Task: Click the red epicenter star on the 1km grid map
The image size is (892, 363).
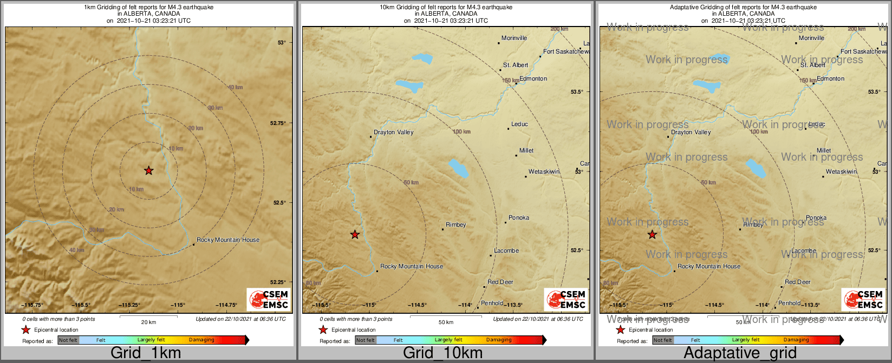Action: (149, 171)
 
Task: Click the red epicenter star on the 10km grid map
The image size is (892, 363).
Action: (355, 234)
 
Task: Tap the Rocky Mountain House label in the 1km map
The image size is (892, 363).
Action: (227, 240)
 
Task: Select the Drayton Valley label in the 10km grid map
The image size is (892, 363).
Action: (394, 132)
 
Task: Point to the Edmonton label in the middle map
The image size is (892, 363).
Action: (533, 78)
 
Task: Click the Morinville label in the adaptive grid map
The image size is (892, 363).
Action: (811, 38)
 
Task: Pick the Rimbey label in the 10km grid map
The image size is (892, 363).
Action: (455, 225)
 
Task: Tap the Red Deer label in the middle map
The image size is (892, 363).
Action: (500, 282)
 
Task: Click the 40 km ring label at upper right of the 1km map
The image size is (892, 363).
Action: (235, 88)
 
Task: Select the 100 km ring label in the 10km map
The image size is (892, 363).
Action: (461, 132)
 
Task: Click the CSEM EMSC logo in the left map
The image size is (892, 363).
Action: (268, 299)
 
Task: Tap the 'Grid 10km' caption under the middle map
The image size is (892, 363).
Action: (442, 353)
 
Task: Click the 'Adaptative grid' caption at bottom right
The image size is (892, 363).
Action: (740, 353)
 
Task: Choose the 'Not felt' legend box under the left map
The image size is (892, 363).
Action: (68, 340)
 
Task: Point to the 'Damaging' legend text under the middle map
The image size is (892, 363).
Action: (498, 340)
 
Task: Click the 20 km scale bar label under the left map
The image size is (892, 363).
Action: (148, 322)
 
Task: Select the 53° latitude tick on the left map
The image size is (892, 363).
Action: (281, 42)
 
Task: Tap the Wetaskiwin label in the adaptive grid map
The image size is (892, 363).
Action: (841, 171)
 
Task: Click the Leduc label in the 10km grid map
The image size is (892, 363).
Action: (519, 124)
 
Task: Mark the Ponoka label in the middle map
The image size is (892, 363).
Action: (519, 217)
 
